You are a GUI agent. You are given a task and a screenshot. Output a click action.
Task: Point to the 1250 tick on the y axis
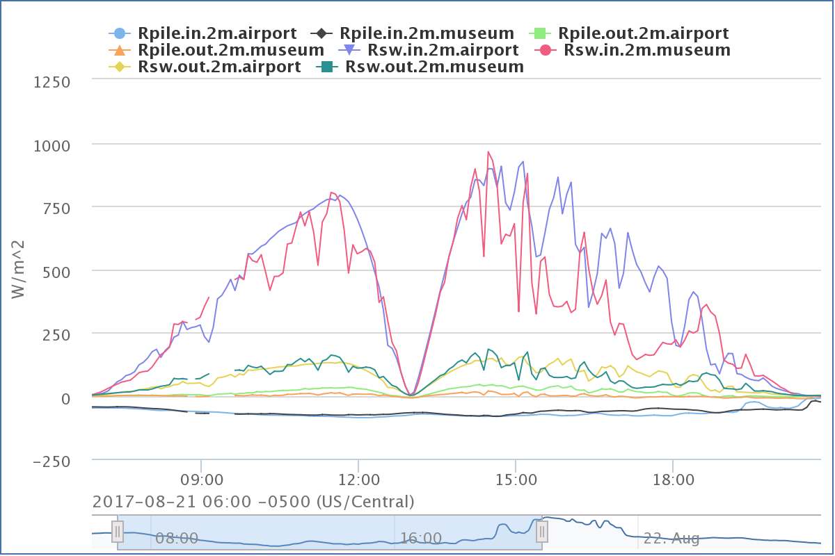tap(51, 82)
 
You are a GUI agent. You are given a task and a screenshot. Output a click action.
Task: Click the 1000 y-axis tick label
tap(51, 145)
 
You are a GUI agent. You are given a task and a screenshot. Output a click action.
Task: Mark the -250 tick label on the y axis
tap(51, 461)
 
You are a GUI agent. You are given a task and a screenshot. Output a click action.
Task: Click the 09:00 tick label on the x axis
tap(201, 480)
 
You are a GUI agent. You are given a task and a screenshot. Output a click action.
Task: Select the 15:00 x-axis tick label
tap(515, 480)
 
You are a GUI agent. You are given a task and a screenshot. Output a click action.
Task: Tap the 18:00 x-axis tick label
tap(673, 480)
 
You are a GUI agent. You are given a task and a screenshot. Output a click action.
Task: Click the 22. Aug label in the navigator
tap(671, 538)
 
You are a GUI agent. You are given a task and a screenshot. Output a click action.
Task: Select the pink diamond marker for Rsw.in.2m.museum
tap(546, 50)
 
